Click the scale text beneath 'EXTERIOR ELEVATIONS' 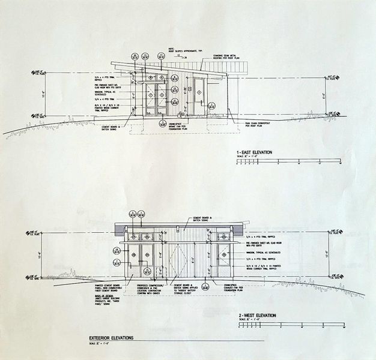coord(100,344)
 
